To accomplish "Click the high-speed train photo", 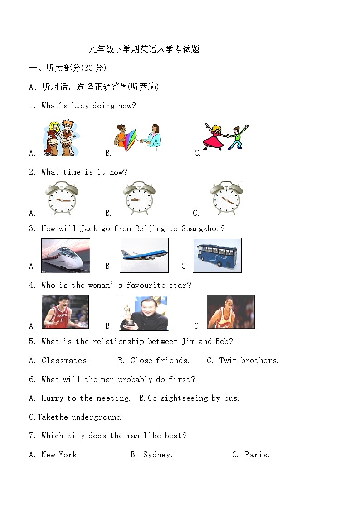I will tap(65, 256).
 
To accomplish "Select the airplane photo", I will tap(144, 255).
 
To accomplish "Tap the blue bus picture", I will tap(217, 255).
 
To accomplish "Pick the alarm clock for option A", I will tap(62, 199).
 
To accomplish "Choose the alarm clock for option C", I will tap(226, 199).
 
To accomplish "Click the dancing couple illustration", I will tap(225, 136).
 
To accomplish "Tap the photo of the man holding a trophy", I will tap(144, 313).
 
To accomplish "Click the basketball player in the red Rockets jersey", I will tap(65, 311).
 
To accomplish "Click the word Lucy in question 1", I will tap(80, 106).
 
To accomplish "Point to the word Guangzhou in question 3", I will tap(203, 229).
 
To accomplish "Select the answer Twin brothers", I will tap(249, 361).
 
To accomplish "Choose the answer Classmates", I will tap(65, 361).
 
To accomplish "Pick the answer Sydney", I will tap(157, 455).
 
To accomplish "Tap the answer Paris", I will tap(257, 455).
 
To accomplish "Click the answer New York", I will tap(60, 455).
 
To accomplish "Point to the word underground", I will tap(97, 417).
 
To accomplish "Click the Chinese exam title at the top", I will tap(144, 49).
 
